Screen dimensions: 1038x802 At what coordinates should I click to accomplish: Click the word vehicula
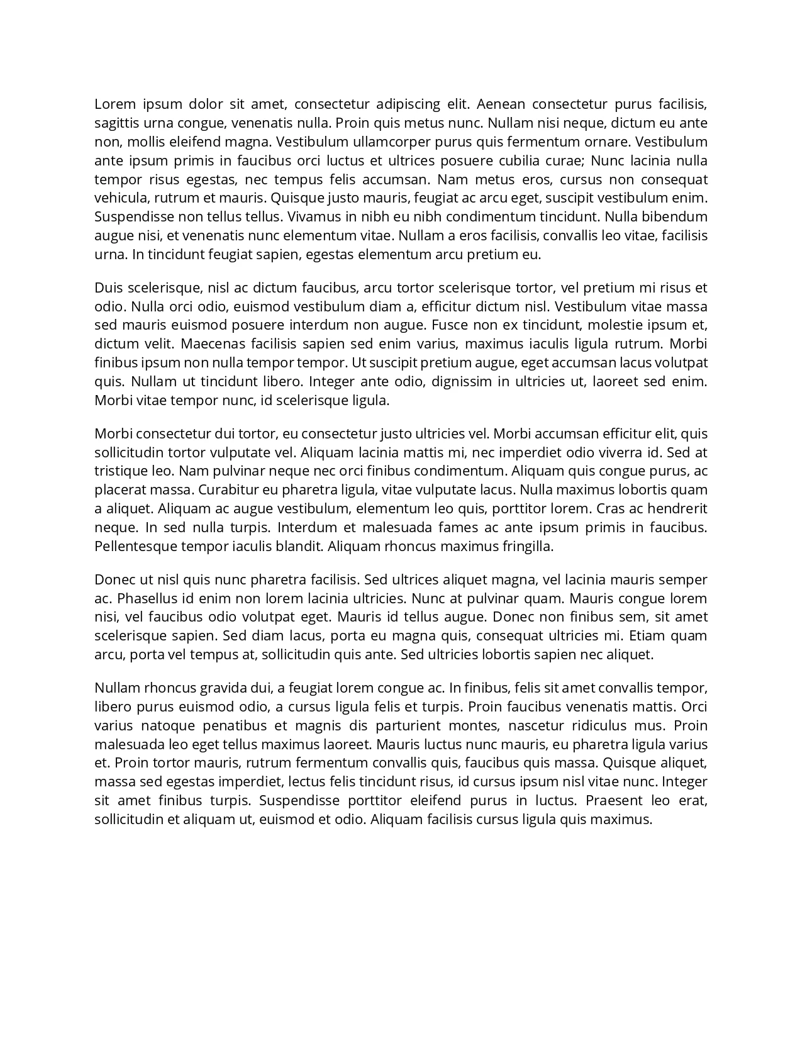[121, 198]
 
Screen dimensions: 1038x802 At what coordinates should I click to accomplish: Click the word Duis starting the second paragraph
[109, 288]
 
